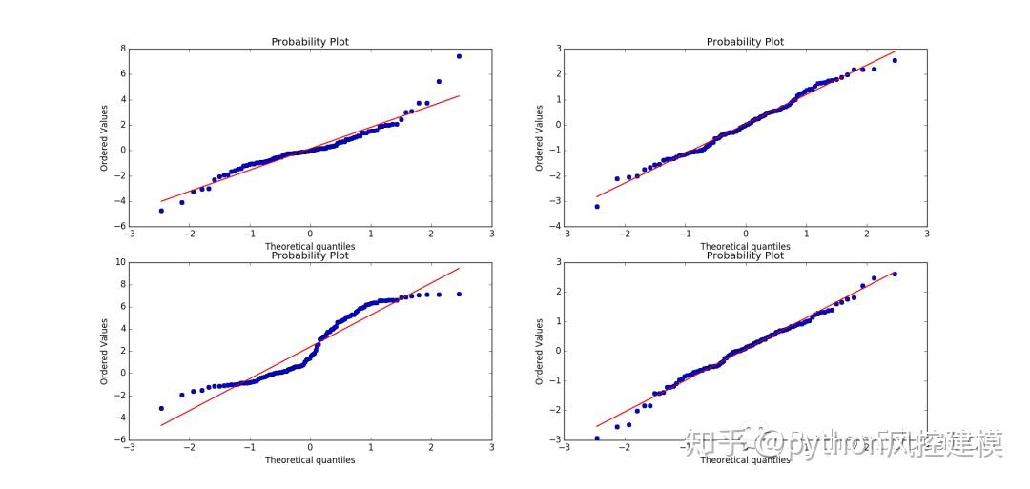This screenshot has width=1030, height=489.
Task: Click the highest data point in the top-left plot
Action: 460,56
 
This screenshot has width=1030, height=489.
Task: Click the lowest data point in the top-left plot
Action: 161,211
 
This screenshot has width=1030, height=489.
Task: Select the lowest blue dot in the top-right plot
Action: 597,206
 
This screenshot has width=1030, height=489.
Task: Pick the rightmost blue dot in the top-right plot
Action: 895,60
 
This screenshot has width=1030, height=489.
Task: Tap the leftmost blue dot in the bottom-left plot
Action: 161,408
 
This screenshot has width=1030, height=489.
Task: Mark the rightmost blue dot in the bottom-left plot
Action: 460,294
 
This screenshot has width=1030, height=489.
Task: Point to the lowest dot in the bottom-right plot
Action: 597,438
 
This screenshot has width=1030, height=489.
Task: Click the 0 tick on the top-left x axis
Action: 309,234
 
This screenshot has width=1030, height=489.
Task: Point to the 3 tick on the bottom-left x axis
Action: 491,447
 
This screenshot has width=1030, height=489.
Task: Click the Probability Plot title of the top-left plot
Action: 310,41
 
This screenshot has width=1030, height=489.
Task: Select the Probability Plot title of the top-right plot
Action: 745,41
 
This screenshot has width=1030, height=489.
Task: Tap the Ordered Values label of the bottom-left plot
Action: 104,351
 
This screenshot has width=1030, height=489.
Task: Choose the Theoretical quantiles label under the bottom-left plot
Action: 310,460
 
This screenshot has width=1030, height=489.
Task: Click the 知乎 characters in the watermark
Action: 709,442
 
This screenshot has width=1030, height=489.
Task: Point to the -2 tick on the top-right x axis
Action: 625,234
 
